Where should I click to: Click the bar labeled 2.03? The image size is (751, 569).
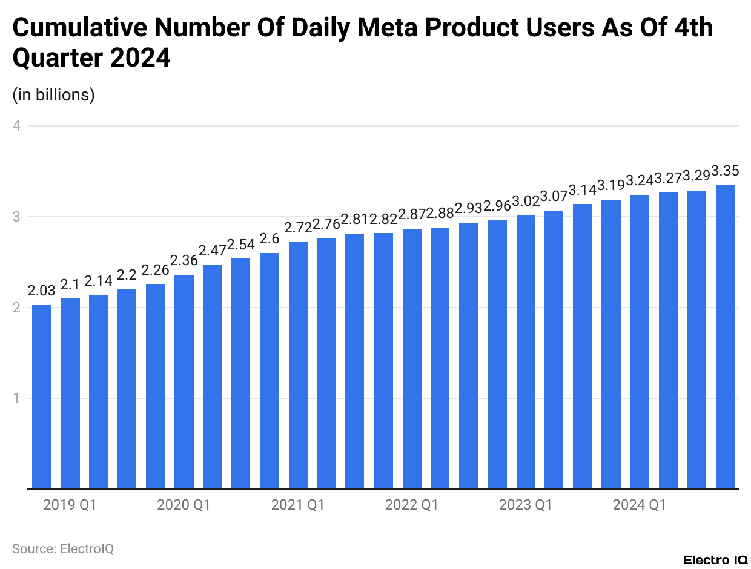[41, 396]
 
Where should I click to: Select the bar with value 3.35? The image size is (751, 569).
[725, 337]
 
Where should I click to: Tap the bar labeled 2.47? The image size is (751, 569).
[212, 377]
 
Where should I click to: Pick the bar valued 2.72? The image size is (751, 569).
[298, 365]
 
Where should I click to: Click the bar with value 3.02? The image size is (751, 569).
[526, 351]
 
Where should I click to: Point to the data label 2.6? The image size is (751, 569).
[270, 238]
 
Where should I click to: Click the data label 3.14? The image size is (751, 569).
[582, 189]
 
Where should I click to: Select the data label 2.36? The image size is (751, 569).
[184, 260]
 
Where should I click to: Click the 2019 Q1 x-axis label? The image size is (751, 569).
[70, 505]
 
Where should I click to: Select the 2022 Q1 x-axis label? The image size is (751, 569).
[411, 505]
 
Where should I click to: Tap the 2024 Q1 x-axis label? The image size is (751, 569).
[639, 505]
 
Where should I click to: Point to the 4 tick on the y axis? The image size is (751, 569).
[17, 126]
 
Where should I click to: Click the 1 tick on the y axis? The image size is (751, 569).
[17, 398]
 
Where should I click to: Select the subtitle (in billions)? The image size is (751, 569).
[53, 95]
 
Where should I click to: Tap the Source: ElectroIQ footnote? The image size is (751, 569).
[63, 549]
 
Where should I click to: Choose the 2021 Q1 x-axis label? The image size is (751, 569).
[297, 505]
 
